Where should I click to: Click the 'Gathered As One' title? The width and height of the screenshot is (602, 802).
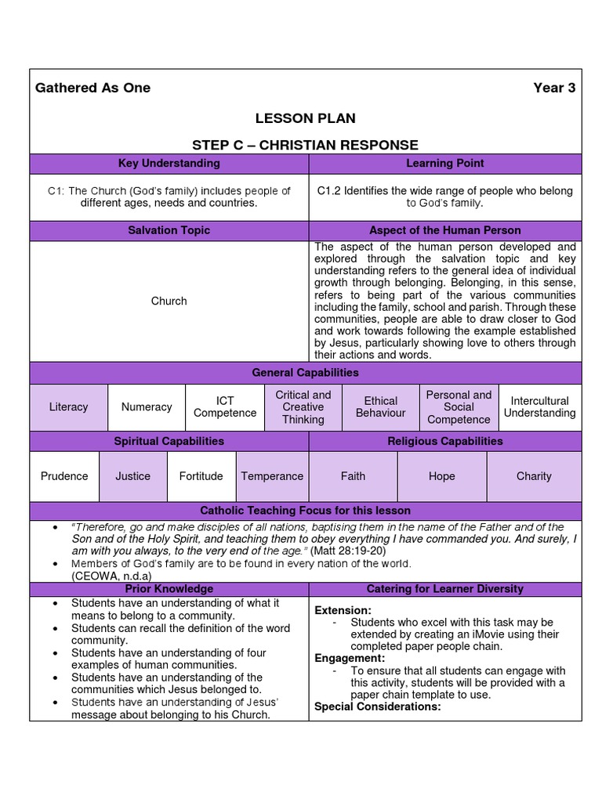92,88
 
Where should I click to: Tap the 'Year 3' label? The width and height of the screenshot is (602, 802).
554,88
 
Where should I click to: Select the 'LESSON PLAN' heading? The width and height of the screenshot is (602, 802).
305,118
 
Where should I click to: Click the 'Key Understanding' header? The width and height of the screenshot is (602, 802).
169,164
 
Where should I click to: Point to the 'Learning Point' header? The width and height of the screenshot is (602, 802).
444,164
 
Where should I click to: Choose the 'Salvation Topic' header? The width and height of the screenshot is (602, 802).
169,230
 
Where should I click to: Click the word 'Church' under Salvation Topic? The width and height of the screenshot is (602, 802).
169,301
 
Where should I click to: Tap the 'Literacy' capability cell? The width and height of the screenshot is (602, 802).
68,407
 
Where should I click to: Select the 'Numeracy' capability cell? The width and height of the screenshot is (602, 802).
147,407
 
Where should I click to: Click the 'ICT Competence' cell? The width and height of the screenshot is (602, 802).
225,407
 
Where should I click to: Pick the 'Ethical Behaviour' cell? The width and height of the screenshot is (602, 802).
381,407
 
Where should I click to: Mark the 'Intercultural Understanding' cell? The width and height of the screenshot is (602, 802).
539,407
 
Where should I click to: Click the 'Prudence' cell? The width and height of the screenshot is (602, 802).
64,476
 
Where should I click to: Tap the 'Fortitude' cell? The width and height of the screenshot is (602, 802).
201,476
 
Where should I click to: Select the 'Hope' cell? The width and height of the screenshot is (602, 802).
442,476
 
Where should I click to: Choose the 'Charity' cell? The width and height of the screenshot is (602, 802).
534,476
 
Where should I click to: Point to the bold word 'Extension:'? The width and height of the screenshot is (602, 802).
343,610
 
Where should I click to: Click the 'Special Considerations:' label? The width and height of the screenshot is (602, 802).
378,706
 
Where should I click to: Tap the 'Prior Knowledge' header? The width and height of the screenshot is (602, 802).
169,588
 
